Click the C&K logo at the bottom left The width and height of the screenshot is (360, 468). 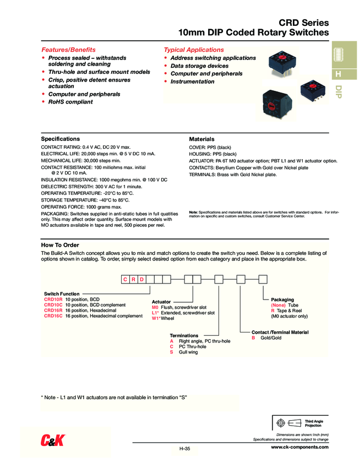[53, 439]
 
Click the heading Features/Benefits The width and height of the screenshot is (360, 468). [68, 50]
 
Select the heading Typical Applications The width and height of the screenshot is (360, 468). [194, 50]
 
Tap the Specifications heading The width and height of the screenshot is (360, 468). [61, 139]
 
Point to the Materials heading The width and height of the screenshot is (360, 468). [201, 139]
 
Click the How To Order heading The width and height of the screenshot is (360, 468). [60, 245]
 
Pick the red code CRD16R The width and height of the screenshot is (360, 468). [53, 311]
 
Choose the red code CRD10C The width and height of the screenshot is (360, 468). [53, 304]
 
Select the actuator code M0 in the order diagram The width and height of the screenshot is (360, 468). [155, 307]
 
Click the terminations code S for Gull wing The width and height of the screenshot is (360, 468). [171, 352]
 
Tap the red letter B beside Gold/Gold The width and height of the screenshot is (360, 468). [253, 338]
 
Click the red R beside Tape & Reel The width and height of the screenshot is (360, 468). [272, 311]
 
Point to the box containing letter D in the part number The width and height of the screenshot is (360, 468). [143, 279]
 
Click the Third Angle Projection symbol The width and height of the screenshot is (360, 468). [288, 423]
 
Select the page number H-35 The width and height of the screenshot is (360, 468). [184, 449]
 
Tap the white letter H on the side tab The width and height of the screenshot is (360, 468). [339, 74]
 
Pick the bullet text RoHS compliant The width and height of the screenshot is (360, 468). [70, 102]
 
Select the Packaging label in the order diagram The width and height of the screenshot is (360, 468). [282, 300]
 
